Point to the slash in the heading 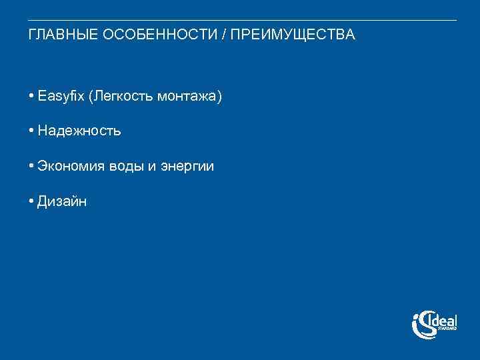[224, 35]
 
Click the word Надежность [79, 131]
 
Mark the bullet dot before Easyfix [31, 97]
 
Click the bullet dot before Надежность [31, 131]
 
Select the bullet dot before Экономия [31, 166]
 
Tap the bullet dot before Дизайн [31, 201]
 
